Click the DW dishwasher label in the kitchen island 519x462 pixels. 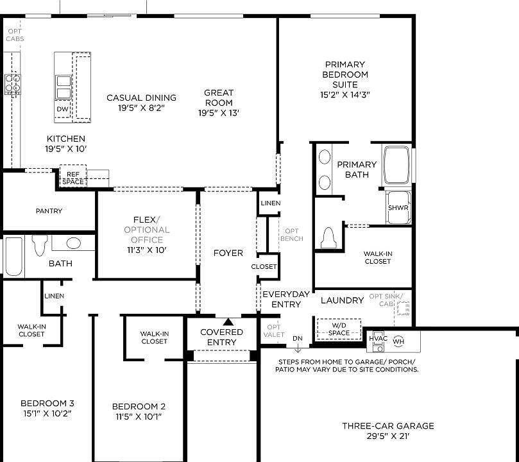coord(62,109)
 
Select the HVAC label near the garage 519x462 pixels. coord(378,338)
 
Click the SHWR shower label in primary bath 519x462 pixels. coord(398,208)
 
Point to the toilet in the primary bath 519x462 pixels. coord(328,238)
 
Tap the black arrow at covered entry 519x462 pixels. coord(228,321)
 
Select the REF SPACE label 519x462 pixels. coord(72,178)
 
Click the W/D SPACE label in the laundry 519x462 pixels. coord(339,329)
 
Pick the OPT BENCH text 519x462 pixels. coord(291,235)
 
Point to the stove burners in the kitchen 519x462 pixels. coord(12,84)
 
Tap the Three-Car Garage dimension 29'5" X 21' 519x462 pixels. coord(387,436)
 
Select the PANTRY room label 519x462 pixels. coord(49,210)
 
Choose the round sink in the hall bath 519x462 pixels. coord(74,243)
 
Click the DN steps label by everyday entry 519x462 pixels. coord(297,338)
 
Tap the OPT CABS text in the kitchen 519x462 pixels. coord(15,35)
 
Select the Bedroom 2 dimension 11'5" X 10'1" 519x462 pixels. coord(139,416)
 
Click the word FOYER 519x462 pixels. coord(228,253)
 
